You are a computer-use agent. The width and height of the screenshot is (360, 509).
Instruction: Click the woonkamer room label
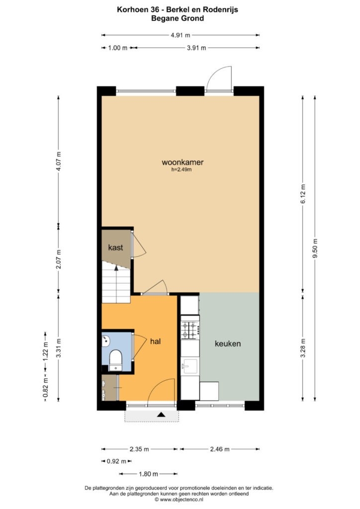182,163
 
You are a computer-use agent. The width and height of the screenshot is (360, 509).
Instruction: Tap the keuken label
228,344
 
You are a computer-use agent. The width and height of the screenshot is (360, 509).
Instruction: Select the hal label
156,341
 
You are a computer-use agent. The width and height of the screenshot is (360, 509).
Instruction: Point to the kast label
115,248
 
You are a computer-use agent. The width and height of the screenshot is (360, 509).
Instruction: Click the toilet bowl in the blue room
115,360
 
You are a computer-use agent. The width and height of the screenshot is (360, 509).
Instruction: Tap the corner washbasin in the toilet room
105,341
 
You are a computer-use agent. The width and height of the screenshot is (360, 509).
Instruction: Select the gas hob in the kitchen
190,330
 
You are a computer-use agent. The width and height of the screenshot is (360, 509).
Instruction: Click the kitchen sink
190,366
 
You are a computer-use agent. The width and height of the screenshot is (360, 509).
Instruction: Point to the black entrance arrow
161,415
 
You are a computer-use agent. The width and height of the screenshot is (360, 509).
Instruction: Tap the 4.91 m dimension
180,35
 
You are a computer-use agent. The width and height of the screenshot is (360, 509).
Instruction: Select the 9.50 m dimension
315,249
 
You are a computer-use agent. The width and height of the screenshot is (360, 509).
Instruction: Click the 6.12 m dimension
303,194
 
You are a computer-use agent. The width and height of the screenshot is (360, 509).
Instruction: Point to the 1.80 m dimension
148,474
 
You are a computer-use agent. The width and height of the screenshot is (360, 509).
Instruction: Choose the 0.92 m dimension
116,461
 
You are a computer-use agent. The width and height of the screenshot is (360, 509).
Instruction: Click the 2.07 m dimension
59,259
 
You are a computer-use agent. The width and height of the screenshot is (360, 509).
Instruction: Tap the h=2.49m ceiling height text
181,170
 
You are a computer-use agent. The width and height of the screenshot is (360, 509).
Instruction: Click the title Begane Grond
178,18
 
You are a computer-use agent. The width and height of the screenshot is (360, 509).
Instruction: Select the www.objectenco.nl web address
181,500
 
